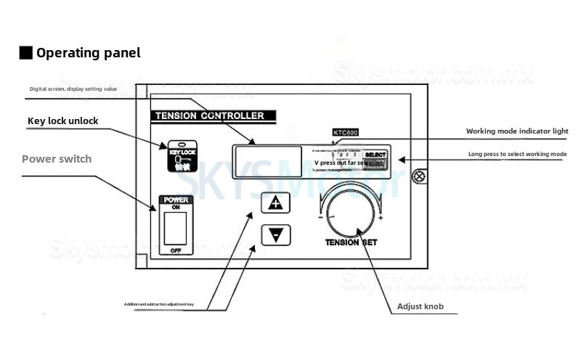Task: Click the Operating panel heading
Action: click(x=88, y=53)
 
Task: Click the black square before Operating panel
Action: click(x=25, y=53)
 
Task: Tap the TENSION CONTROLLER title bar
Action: click(x=208, y=115)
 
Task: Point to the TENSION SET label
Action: click(x=354, y=244)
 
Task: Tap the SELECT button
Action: click(x=375, y=155)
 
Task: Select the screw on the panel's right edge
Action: click(x=419, y=175)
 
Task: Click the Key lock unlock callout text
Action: click(x=62, y=120)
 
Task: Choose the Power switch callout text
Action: click(x=57, y=158)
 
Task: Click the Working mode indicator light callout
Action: click(x=516, y=131)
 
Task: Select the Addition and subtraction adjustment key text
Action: click(x=168, y=303)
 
